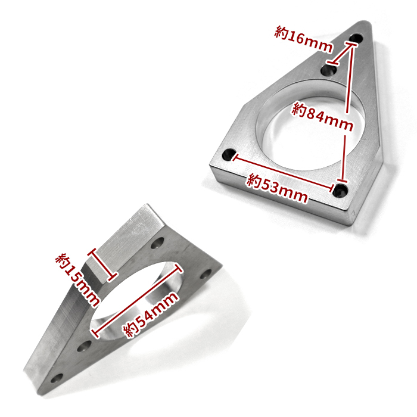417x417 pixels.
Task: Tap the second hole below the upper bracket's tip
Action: coord(328,71)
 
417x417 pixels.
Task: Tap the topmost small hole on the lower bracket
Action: coord(158,244)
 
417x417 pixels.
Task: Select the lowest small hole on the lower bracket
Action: coord(58,378)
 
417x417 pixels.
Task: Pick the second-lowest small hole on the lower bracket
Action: coord(85,346)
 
